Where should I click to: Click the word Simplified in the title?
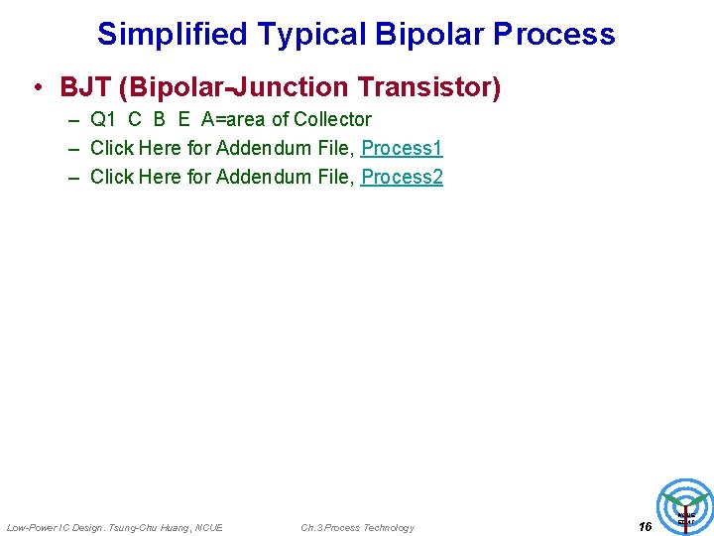tap(172, 35)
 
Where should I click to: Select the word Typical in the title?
tap(311, 35)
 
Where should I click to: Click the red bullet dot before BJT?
tap(36, 88)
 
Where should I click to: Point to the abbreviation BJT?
tap(85, 88)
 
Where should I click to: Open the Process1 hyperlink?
tap(402, 149)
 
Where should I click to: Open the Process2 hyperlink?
tap(402, 178)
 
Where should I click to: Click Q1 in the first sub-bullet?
tap(103, 120)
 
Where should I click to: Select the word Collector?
tap(332, 120)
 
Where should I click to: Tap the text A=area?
tap(234, 120)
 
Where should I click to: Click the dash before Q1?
tap(75, 120)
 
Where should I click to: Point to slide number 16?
tap(645, 526)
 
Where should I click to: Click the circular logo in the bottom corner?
tap(685, 507)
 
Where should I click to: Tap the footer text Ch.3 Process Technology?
tap(357, 527)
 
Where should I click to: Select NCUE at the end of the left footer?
tap(209, 527)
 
